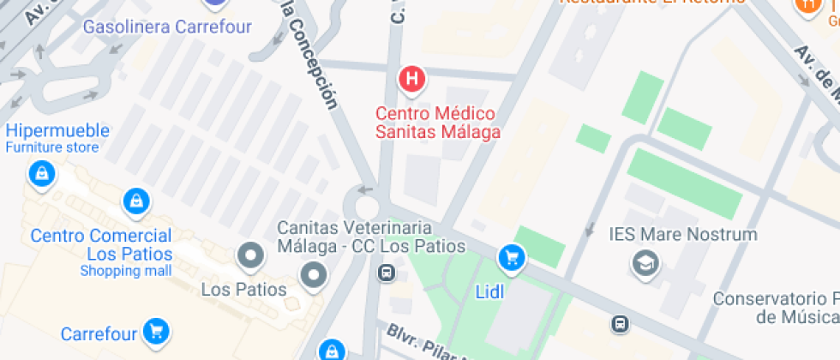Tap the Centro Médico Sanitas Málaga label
[438, 123]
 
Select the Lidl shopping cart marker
[512, 256]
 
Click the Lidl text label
[489, 291]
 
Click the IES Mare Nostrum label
[683, 234]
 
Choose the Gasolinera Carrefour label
[167, 27]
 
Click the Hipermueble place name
[57, 130]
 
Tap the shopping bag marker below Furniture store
[40, 175]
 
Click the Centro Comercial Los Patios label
[101, 244]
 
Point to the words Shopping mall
[126, 271]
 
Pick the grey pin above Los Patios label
[251, 255]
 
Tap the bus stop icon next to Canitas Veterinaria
[387, 273]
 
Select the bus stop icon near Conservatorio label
[620, 323]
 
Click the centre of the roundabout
[366, 207]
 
